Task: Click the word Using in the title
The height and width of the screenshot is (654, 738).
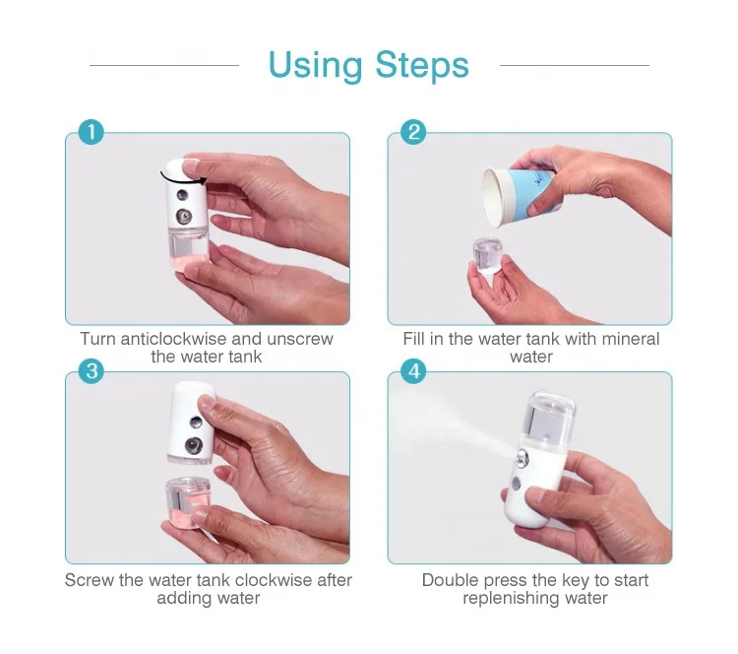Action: pyautogui.click(x=315, y=66)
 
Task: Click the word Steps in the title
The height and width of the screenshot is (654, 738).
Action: pyautogui.click(x=422, y=65)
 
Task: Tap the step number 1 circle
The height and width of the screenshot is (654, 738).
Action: pyautogui.click(x=91, y=132)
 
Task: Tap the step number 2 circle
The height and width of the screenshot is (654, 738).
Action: pyautogui.click(x=413, y=132)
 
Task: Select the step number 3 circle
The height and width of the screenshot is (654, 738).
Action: pyautogui.click(x=92, y=370)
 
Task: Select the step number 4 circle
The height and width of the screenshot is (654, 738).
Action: pyautogui.click(x=413, y=370)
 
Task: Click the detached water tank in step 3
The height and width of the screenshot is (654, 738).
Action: pyautogui.click(x=188, y=501)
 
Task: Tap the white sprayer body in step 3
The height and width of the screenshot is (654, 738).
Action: pyautogui.click(x=191, y=422)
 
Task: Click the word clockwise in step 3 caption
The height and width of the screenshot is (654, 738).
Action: pyautogui.click(x=274, y=580)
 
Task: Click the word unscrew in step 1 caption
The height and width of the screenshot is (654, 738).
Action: pyautogui.click(x=300, y=339)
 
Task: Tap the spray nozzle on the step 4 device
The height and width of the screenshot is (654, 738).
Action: pyautogui.click(x=522, y=458)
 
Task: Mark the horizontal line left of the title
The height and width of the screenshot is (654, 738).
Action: pyautogui.click(x=164, y=65)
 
